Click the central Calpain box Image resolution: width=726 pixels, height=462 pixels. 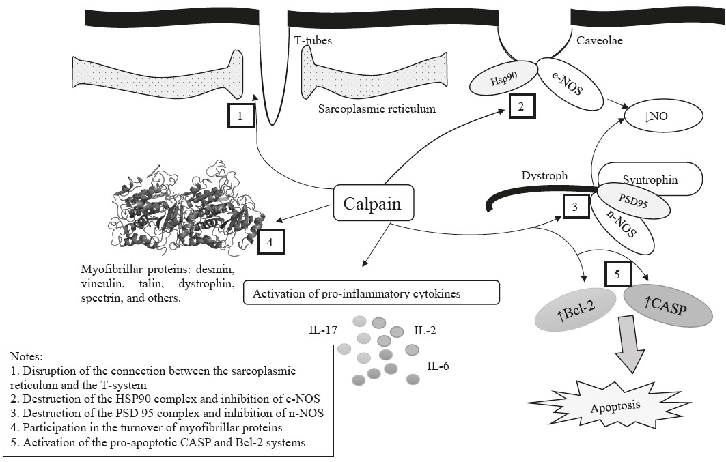[374, 203]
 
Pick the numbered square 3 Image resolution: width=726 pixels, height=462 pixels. [575, 207]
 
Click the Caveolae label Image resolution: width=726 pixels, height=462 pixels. [600, 40]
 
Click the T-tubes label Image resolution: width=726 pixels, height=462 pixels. [313, 41]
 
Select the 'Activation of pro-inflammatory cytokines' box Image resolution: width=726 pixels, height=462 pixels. [372, 293]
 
